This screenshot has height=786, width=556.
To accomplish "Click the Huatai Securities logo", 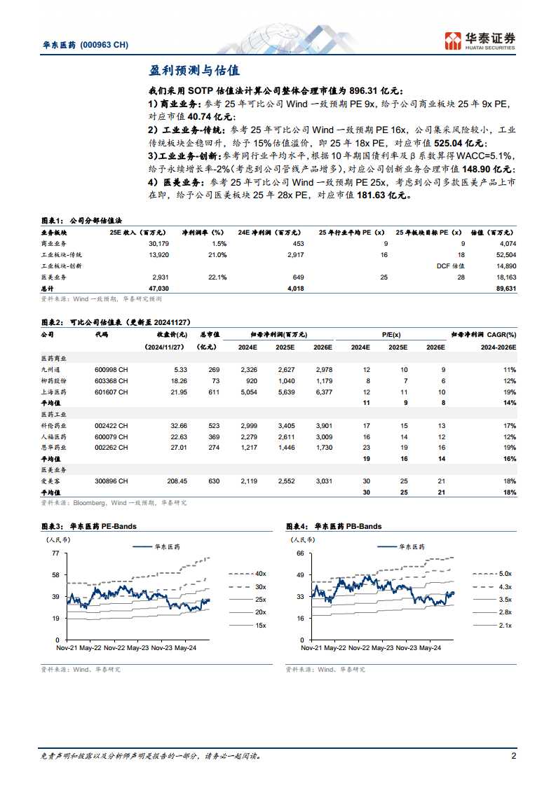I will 482,39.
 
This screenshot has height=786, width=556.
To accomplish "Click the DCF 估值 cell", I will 452,266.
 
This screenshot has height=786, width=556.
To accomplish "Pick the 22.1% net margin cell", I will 216,277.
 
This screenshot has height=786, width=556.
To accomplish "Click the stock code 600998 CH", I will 111,370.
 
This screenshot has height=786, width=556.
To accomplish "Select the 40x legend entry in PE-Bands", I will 261,573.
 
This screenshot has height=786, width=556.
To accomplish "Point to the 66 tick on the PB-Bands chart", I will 300,553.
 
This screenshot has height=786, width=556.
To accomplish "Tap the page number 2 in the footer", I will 514,757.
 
